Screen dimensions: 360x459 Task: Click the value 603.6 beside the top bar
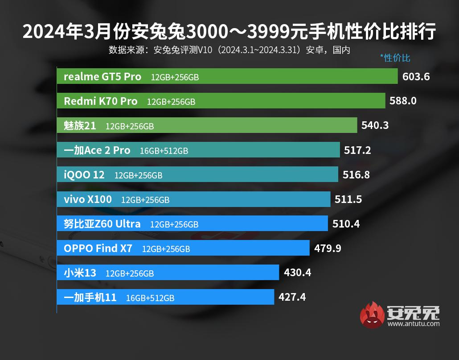416,76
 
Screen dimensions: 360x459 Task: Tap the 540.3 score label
375,125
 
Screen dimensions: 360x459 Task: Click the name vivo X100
88,199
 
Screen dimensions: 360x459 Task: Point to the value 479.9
328,248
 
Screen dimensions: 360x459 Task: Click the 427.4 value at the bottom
292,297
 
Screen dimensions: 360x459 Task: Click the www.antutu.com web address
414,324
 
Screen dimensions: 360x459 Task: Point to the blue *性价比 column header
395,58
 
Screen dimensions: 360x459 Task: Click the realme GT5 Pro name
102,76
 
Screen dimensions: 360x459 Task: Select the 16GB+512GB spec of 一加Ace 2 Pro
164,151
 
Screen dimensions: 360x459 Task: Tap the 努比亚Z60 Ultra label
102,223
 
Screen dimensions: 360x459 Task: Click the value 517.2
357,150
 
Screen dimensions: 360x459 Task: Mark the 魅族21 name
80,125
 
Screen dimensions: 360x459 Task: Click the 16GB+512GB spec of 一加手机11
150,298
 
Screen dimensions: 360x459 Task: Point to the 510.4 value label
346,223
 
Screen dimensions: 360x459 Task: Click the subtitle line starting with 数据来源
229,50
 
